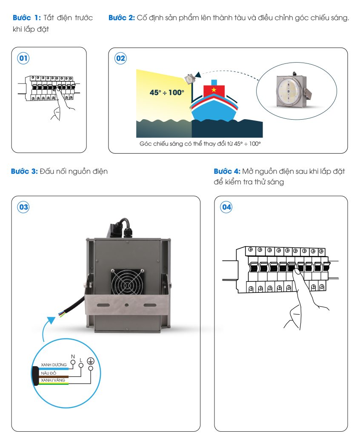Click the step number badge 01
pos(23,58)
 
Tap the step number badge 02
pos(120,58)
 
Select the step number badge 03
pos(23,207)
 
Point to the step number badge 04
pos(226,207)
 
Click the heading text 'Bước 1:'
pos(27,18)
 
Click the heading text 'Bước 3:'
pos(24,172)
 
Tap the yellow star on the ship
pos(214,90)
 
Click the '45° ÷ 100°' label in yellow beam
pos(167,92)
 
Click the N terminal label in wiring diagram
pos(72,356)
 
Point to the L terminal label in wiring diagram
pos(81,360)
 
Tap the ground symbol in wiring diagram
pos(90,361)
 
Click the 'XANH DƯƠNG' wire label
pos(54,365)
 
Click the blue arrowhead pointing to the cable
pos(51,320)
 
